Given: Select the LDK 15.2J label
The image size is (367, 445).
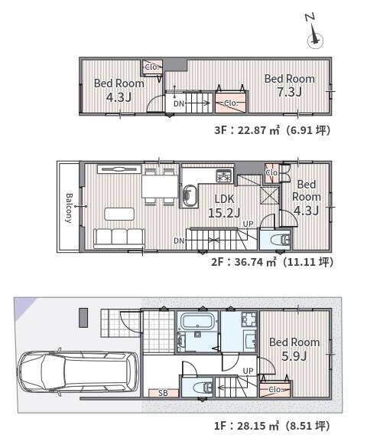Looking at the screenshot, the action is (x=224, y=206).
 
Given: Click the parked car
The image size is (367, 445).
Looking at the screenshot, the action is (x=78, y=371).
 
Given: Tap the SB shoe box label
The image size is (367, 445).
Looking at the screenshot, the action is (x=163, y=393).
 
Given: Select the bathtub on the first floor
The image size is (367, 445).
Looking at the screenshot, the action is (x=197, y=321).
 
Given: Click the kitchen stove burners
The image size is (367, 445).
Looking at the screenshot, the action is (x=225, y=175).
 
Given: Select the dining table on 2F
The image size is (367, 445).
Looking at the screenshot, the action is (x=160, y=186).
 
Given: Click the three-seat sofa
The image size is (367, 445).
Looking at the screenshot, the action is (x=119, y=239).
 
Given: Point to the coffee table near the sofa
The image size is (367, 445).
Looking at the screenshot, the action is (x=119, y=214).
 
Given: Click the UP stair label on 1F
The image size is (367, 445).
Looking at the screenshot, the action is (x=248, y=371).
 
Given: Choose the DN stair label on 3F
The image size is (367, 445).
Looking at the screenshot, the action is (x=179, y=103).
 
